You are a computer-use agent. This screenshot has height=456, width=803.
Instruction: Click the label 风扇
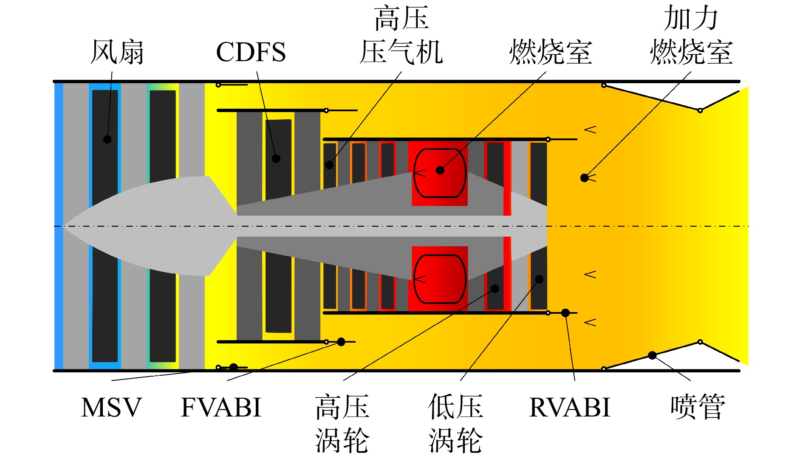[x=117, y=52]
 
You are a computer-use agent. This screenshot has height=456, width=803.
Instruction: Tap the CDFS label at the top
[x=251, y=52]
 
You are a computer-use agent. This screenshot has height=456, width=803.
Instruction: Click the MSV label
[x=111, y=407]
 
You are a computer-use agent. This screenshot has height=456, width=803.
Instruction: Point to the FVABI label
[x=221, y=407]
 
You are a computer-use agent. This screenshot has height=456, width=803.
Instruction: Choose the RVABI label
[x=569, y=407]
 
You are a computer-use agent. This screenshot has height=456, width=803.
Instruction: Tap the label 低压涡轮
[x=455, y=423]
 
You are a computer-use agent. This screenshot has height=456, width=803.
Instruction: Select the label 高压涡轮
[x=342, y=423]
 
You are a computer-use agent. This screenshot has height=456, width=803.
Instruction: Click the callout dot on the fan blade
[x=107, y=139]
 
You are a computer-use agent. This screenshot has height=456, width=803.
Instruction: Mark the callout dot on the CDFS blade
[x=276, y=159]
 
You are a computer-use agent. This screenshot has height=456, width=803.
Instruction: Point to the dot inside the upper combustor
[x=440, y=170]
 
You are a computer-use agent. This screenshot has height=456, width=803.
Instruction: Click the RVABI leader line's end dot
[x=565, y=313]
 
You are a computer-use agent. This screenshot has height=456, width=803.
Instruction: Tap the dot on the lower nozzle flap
[x=652, y=355]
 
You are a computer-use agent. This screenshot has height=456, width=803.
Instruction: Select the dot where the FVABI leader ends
[x=341, y=342]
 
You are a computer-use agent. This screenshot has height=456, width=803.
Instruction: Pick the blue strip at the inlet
[x=59, y=226]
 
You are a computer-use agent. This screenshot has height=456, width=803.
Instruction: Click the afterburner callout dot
[x=585, y=178]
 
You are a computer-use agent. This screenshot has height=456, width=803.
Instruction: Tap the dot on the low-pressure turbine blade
[x=539, y=279]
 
